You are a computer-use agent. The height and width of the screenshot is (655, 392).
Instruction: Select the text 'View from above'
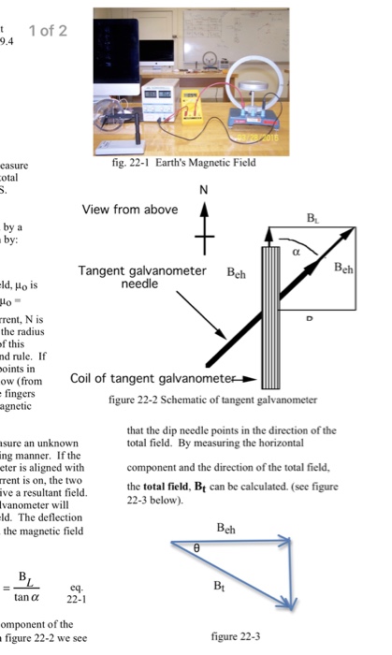129,210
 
